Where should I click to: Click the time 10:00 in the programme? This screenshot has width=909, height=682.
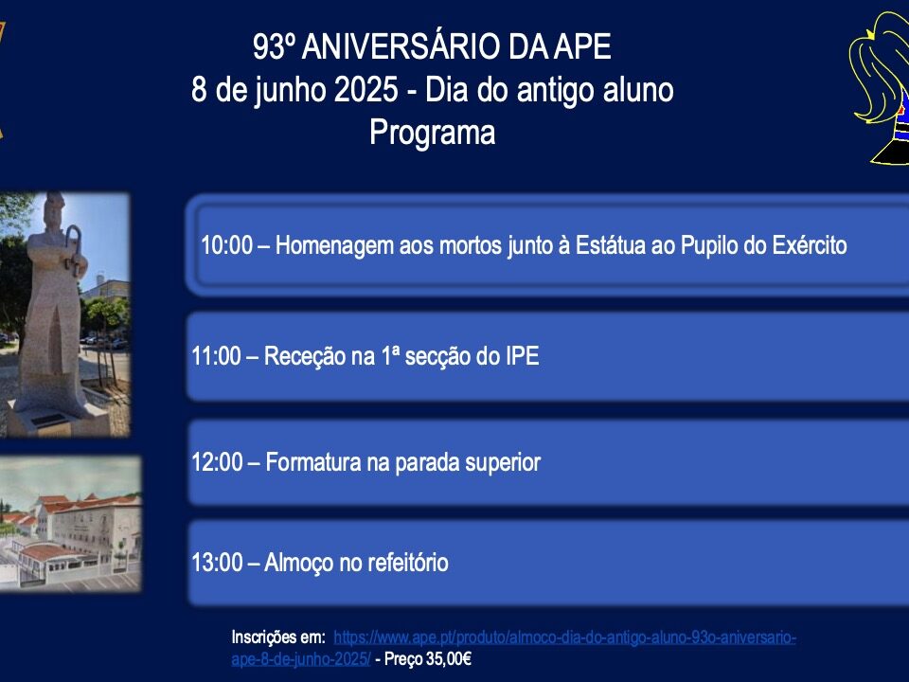pos(226,245)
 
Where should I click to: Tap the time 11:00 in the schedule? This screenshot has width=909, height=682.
pos(216,356)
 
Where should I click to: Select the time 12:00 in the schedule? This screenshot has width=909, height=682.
pos(218,462)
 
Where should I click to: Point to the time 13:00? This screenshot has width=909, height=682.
pos(218,563)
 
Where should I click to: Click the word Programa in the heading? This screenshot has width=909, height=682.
pos(433,134)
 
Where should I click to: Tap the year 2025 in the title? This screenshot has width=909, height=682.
pos(366,90)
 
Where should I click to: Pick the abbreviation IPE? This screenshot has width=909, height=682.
pos(523,356)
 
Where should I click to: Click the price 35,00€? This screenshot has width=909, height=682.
pos(448,659)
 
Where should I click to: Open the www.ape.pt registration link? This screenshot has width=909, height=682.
pos(513,648)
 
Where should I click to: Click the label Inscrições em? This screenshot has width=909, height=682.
pos(278,637)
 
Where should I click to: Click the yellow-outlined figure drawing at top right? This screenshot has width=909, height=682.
pos(880,87)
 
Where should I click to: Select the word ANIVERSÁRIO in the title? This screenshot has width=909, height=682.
pos(401,46)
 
